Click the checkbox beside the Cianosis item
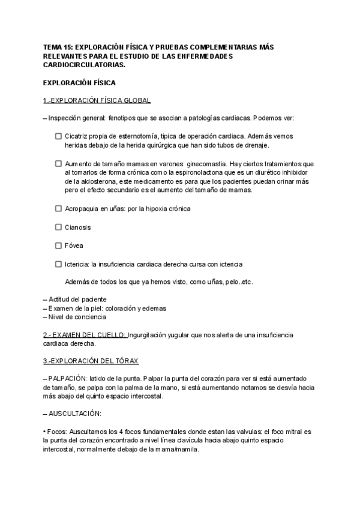click(x=58, y=227)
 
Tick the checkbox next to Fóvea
click(x=58, y=245)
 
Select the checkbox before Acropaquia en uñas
click(x=58, y=209)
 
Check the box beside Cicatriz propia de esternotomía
click(x=58, y=136)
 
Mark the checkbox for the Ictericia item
click(x=58, y=264)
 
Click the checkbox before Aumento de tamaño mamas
click(x=58, y=163)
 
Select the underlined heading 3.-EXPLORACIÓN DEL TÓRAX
click(x=91, y=361)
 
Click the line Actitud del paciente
click(x=77, y=299)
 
